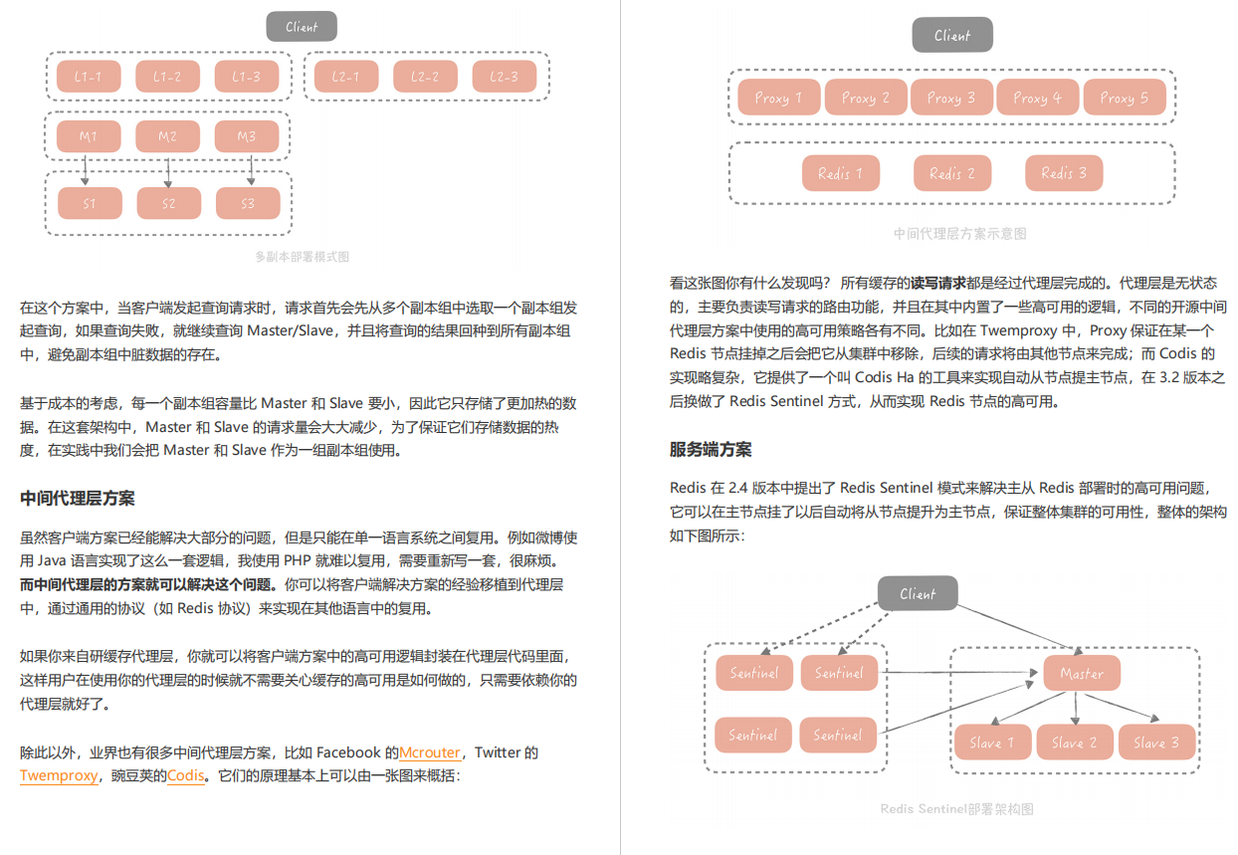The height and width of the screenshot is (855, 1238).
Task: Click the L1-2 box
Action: tap(167, 77)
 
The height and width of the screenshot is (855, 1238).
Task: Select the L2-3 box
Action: tap(504, 77)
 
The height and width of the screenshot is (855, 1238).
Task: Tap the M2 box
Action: tap(167, 136)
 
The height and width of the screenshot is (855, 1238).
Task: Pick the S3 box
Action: tap(248, 203)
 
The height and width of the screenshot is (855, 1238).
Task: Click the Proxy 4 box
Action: tap(1037, 98)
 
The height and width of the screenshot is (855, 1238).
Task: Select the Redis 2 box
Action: tap(952, 173)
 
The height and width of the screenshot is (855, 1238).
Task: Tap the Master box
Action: tap(1082, 673)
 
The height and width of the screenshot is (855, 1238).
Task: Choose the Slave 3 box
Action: tap(1156, 742)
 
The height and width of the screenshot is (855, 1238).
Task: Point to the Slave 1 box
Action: tap(992, 742)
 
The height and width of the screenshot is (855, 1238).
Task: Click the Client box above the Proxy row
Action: tap(952, 35)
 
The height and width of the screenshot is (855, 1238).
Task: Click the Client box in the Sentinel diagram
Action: tap(918, 593)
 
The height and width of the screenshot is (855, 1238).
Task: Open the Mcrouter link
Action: tap(430, 752)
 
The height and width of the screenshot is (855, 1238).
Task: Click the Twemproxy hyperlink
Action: tap(59, 775)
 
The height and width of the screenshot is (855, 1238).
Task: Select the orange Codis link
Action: tap(186, 775)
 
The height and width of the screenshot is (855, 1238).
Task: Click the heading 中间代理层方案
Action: tap(78, 498)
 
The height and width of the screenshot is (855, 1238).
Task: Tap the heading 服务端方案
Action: tap(711, 449)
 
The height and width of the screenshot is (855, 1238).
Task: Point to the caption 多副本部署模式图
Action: tap(302, 257)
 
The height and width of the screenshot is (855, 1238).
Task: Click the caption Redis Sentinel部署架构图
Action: tap(956, 808)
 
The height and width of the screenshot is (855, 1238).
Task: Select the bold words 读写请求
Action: tap(937, 283)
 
